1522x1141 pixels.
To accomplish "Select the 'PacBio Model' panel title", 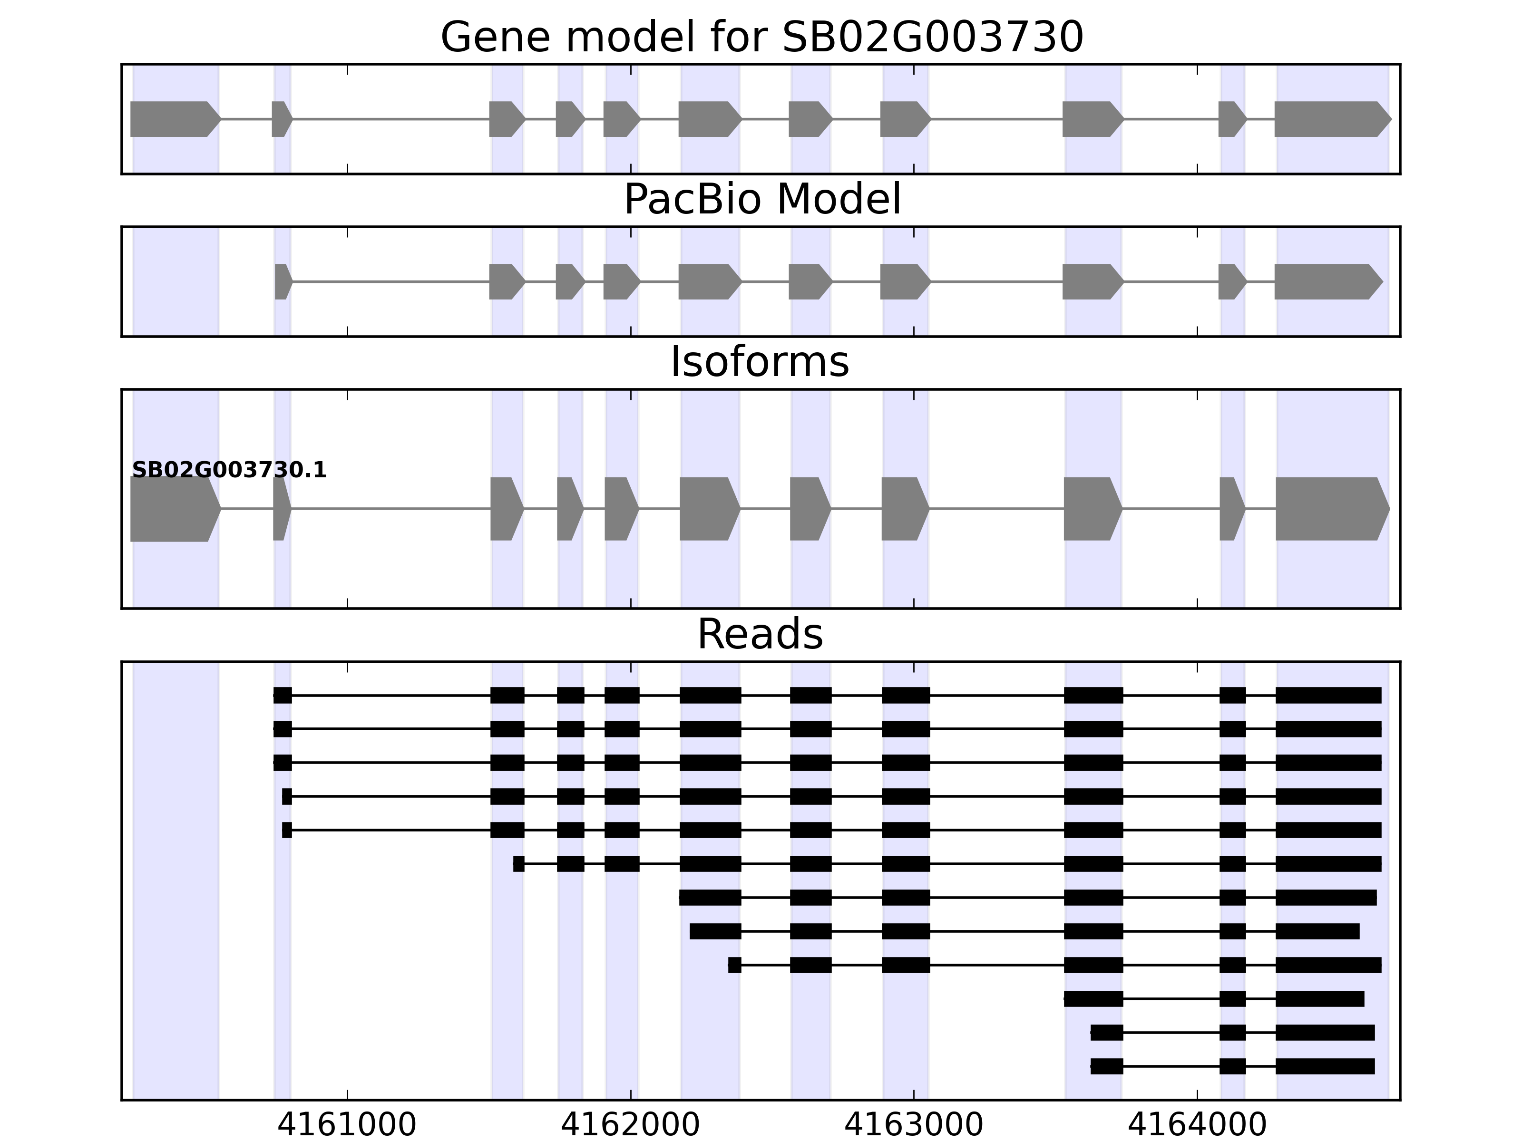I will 761,200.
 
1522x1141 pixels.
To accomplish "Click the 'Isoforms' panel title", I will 760,362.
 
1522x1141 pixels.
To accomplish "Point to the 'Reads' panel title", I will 760,634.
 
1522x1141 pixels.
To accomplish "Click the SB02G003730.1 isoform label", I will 229,471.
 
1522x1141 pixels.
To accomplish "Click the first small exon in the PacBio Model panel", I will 282,281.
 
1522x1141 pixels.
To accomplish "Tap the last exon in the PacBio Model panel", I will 1325,281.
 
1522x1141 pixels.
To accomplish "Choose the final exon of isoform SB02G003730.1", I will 1329,509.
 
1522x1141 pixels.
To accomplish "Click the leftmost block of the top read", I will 282,695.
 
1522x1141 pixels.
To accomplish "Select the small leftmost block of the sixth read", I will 519,864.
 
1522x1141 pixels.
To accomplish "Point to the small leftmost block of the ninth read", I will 735,965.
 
